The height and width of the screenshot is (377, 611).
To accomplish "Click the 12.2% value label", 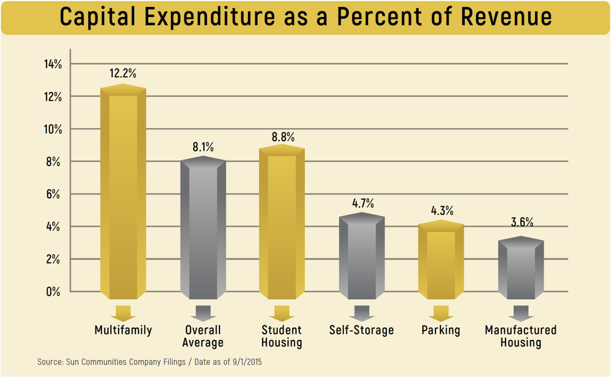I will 123,74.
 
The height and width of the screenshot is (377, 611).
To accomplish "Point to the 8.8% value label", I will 282,136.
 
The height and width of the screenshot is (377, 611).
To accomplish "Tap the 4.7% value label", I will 363,203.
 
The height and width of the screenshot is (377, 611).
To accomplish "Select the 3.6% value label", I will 521,222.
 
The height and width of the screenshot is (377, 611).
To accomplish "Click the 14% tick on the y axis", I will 53,64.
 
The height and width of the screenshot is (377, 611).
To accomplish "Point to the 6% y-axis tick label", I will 53,194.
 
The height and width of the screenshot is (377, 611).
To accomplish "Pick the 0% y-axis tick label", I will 53,292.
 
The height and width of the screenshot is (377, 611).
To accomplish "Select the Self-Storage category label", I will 361,330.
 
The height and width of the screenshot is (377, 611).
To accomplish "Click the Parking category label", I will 441,330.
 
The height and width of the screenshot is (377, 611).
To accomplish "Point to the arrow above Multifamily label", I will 123,313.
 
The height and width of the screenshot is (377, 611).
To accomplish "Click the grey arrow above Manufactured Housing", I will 521,313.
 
